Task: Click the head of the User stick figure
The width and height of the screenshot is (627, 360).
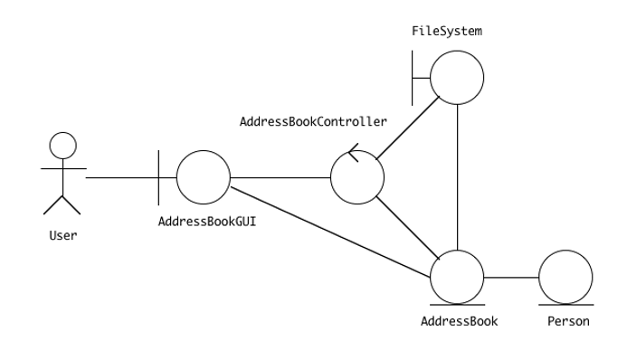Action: [62, 146]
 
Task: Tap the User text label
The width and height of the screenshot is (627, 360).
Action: [62, 236]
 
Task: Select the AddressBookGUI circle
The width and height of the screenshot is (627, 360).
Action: [204, 177]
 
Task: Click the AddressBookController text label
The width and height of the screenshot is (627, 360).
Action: [313, 119]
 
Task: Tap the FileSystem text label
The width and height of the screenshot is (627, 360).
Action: [447, 31]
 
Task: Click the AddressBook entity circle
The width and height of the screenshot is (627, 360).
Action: [457, 276]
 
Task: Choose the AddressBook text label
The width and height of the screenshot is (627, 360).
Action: [459, 321]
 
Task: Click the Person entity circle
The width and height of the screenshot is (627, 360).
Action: [565, 276]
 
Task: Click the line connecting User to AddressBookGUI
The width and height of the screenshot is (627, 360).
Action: [122, 177]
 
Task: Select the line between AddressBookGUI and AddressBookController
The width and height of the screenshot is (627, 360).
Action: [280, 177]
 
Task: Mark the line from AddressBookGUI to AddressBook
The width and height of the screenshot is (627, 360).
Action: [330, 229]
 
